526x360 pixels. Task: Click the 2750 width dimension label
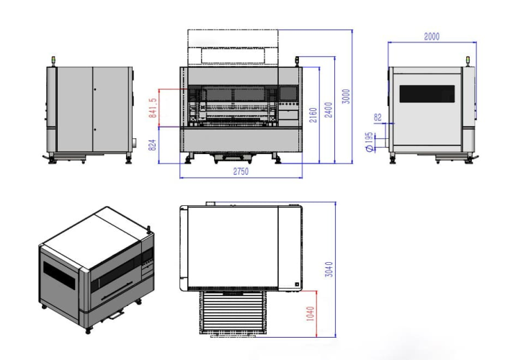(x=241, y=171)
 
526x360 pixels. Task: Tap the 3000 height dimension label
(x=346, y=96)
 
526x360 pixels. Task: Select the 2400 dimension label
(x=329, y=109)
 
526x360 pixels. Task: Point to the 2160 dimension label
(x=313, y=115)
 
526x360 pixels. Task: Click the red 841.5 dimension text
(x=153, y=108)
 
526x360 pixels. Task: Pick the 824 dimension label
(x=152, y=145)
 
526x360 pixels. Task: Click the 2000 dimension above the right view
(x=432, y=37)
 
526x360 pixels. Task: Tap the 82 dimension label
(x=378, y=117)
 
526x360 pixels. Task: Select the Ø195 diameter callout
(x=369, y=142)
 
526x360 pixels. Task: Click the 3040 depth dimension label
(x=329, y=269)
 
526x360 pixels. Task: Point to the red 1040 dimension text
(x=311, y=314)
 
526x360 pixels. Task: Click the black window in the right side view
(x=427, y=94)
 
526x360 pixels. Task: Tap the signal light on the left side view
(x=53, y=61)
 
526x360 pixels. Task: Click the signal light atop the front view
(x=297, y=61)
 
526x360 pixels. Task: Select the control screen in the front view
(x=288, y=93)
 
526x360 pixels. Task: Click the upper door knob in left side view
(x=95, y=89)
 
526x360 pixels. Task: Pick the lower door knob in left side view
(x=95, y=130)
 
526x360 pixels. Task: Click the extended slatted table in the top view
(x=233, y=312)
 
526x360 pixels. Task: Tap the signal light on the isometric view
(x=148, y=229)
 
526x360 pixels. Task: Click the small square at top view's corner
(x=297, y=284)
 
